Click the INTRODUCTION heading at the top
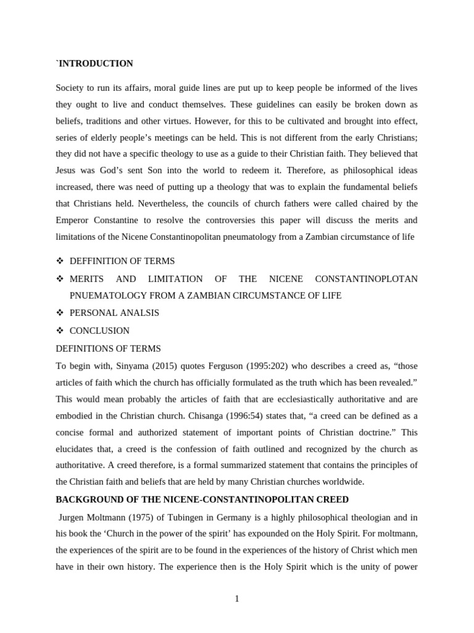[x=95, y=64]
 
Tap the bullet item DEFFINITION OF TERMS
[x=122, y=261]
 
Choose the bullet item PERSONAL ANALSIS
[x=114, y=313]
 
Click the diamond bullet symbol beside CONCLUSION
[x=60, y=331]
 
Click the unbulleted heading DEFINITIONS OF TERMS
[x=108, y=349]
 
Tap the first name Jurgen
[x=73, y=517]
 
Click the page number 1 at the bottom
[x=237, y=598]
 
